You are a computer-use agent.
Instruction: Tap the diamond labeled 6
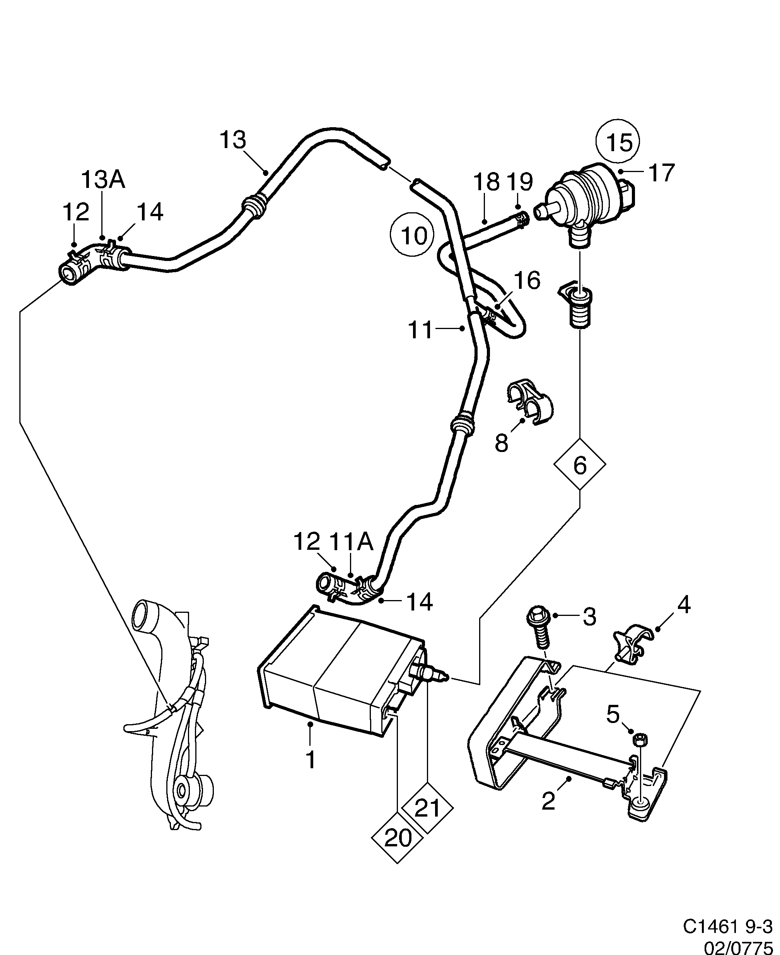pos(580,465)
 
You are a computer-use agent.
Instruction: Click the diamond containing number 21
pos(427,809)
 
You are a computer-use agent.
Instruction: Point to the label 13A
pos(103,180)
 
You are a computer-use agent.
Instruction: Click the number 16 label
pos(527,281)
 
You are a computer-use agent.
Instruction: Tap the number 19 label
pos(520,182)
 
